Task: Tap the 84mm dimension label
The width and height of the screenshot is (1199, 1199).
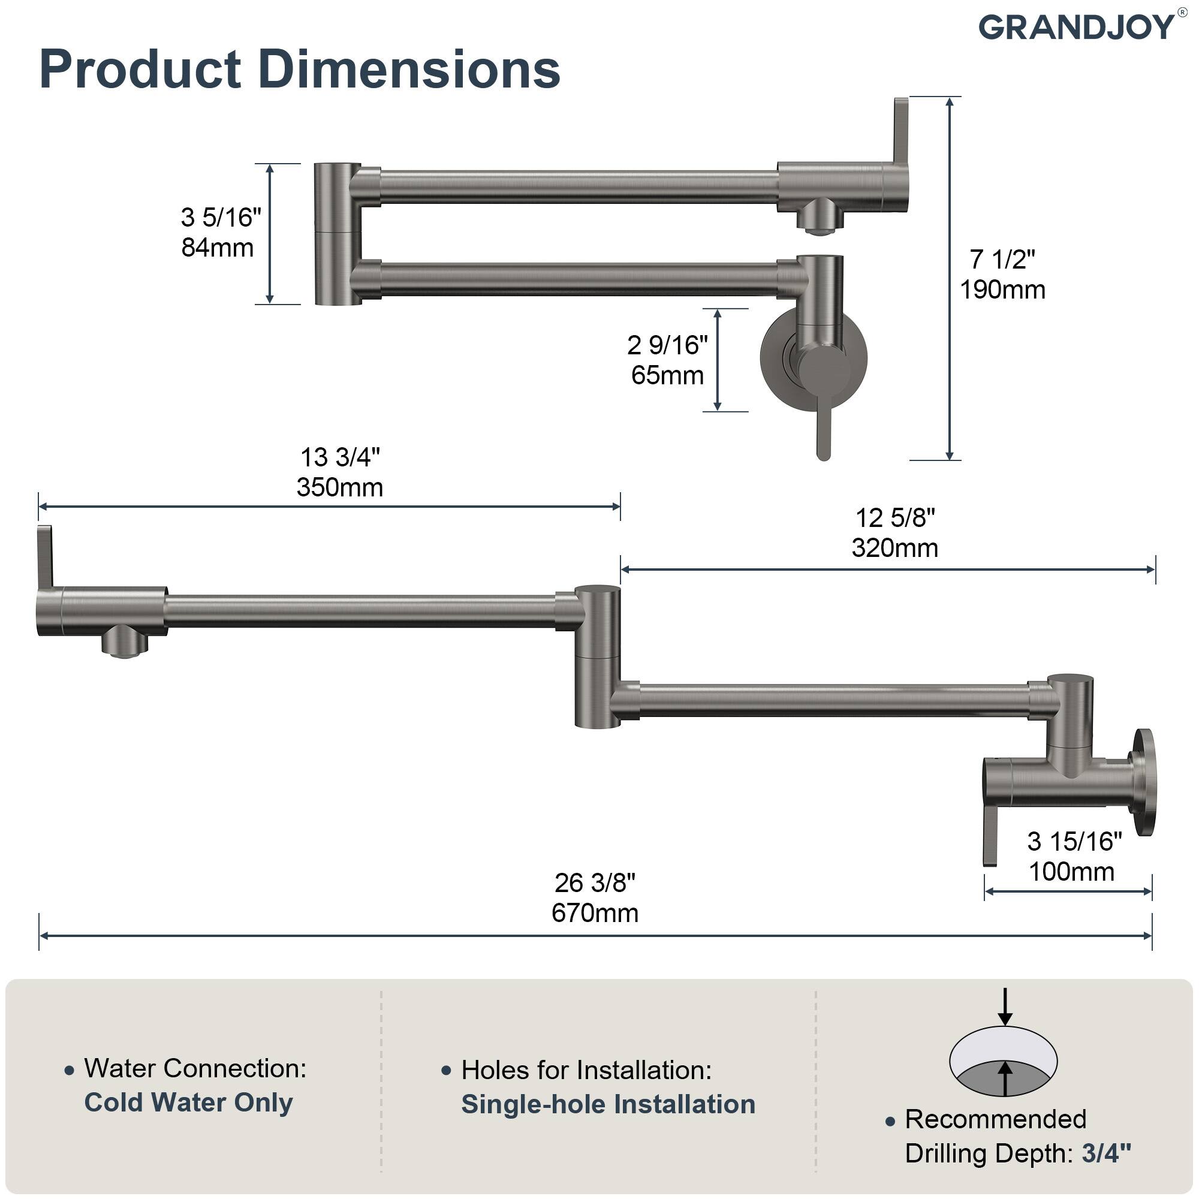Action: (217, 248)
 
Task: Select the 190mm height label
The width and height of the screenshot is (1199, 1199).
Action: (1002, 290)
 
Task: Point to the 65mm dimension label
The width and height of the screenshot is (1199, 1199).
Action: (667, 375)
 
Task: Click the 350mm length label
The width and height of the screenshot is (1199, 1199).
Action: (339, 487)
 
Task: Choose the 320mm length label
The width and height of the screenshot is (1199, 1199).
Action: (894, 548)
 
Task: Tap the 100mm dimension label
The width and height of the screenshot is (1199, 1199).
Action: (1071, 871)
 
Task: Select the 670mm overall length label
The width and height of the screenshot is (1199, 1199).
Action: (595, 913)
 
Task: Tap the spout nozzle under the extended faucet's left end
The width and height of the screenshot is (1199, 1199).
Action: (125, 643)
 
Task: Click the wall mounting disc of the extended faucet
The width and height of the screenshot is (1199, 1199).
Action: (1144, 782)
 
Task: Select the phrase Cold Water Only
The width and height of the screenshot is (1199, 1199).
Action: (188, 1102)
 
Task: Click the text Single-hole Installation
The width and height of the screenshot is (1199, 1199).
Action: (607, 1104)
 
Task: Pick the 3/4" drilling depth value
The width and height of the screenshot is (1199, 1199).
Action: (1106, 1153)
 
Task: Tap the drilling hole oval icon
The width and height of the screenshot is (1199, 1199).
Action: (1003, 1062)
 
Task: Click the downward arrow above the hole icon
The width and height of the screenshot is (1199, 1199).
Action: (1005, 1006)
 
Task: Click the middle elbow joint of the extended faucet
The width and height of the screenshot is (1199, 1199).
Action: (597, 656)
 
